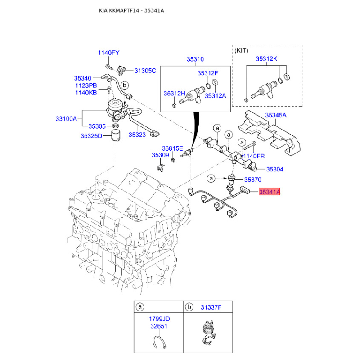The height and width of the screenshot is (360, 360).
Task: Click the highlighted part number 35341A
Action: click(270, 193)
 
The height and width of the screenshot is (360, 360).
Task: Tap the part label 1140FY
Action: click(108, 53)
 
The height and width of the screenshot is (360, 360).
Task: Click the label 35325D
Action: click(91, 135)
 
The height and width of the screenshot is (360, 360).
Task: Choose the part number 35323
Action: click(137, 134)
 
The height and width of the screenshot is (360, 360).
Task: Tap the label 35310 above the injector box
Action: click(195, 59)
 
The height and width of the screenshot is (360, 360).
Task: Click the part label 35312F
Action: click(207, 73)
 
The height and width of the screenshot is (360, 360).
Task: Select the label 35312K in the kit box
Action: click(266, 59)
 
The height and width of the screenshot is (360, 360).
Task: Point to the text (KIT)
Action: click(242, 51)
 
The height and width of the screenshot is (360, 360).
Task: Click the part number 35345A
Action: click(275, 116)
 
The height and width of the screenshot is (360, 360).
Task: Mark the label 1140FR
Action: click(254, 156)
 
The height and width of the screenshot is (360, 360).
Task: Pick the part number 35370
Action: click(252, 180)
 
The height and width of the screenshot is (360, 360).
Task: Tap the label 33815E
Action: click(172, 148)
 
